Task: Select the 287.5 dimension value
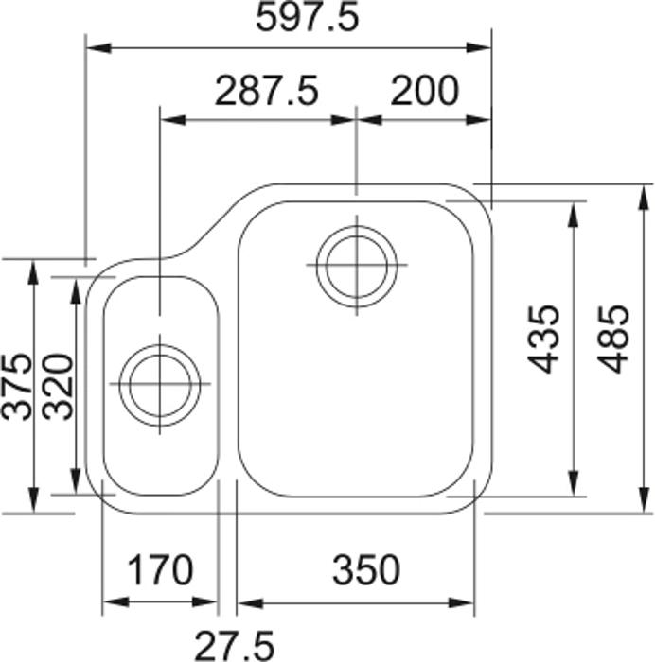tap(267, 92)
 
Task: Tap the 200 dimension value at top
tap(424, 92)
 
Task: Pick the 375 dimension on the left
tap(16, 385)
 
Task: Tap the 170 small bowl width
tap(160, 570)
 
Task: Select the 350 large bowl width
tap(366, 570)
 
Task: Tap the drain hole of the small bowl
tap(162, 383)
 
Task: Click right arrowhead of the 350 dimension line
tap(468, 602)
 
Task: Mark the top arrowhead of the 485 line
tap(646, 192)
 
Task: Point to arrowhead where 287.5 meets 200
tap(355, 120)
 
